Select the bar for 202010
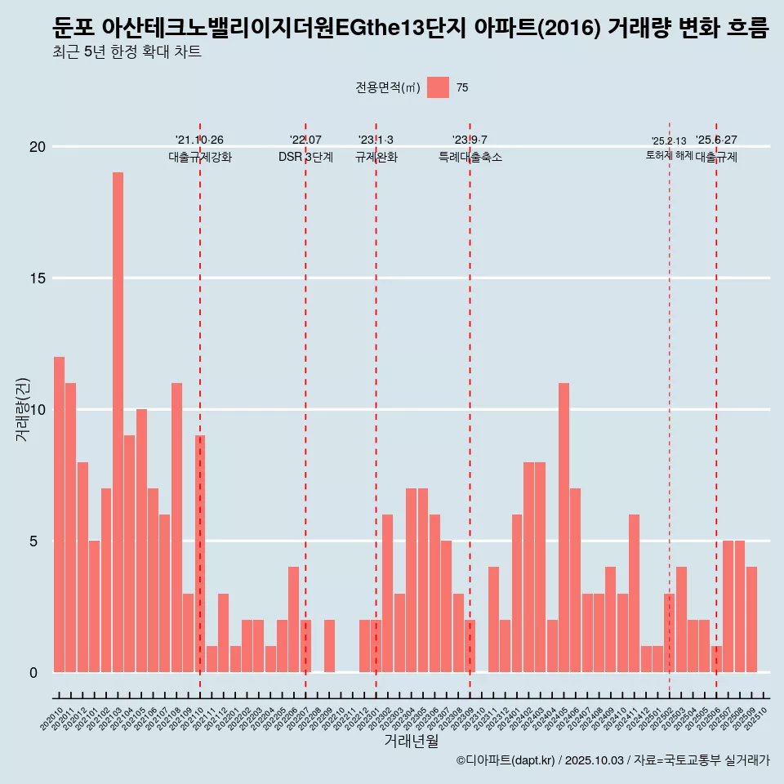click(x=60, y=514)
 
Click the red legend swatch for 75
click(x=439, y=87)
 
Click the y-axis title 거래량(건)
click(x=22, y=409)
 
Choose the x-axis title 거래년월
click(x=412, y=742)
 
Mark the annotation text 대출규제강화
click(x=200, y=158)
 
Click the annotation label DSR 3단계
click(x=305, y=158)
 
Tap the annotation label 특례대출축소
click(x=470, y=158)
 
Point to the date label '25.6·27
click(x=716, y=140)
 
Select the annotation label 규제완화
click(x=376, y=158)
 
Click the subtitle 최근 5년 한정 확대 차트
click(x=127, y=53)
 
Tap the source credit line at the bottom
click(x=612, y=760)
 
